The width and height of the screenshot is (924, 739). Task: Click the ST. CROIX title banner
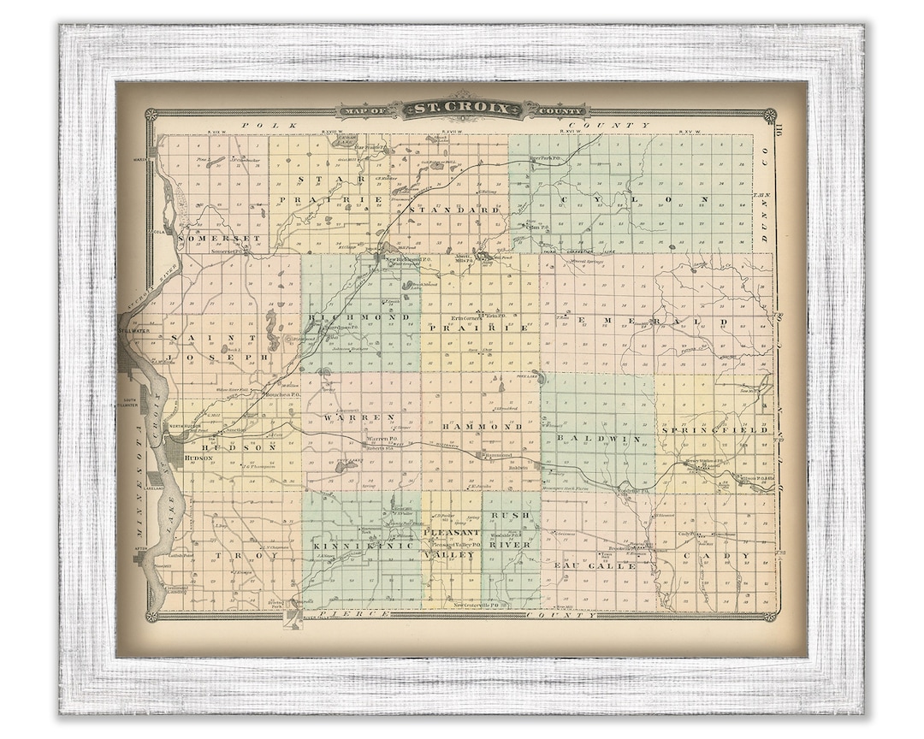tap(462, 109)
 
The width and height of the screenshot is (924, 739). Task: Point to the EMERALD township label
tap(652, 322)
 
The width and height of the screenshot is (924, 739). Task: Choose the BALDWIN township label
tap(598, 438)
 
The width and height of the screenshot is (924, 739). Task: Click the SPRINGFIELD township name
tap(714, 429)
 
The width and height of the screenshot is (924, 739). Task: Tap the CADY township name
tap(729, 556)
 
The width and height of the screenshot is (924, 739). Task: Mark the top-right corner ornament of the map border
tap(768, 115)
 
